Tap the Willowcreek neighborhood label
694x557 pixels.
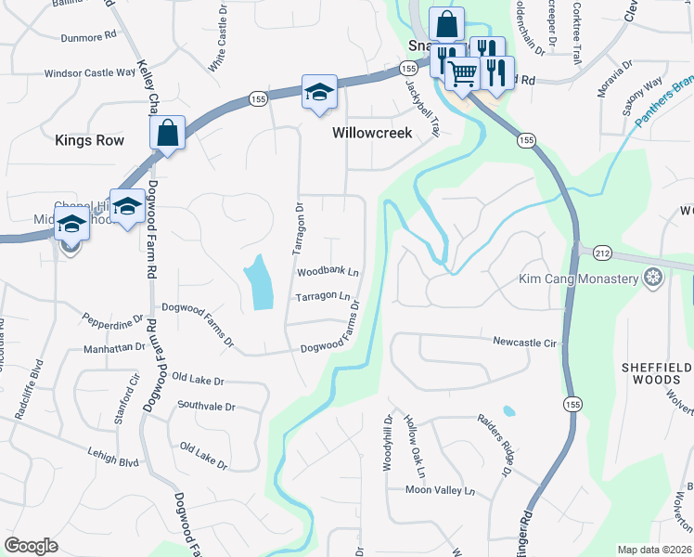click(372, 133)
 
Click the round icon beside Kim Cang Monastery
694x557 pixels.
click(653, 278)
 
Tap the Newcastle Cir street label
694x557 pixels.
click(524, 342)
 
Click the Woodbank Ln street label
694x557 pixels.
click(328, 272)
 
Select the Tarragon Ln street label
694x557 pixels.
click(323, 297)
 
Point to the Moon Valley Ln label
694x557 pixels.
click(440, 490)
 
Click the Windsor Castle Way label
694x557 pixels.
click(90, 72)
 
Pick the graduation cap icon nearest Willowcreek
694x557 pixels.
click(318, 92)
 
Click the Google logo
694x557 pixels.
click(32, 546)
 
